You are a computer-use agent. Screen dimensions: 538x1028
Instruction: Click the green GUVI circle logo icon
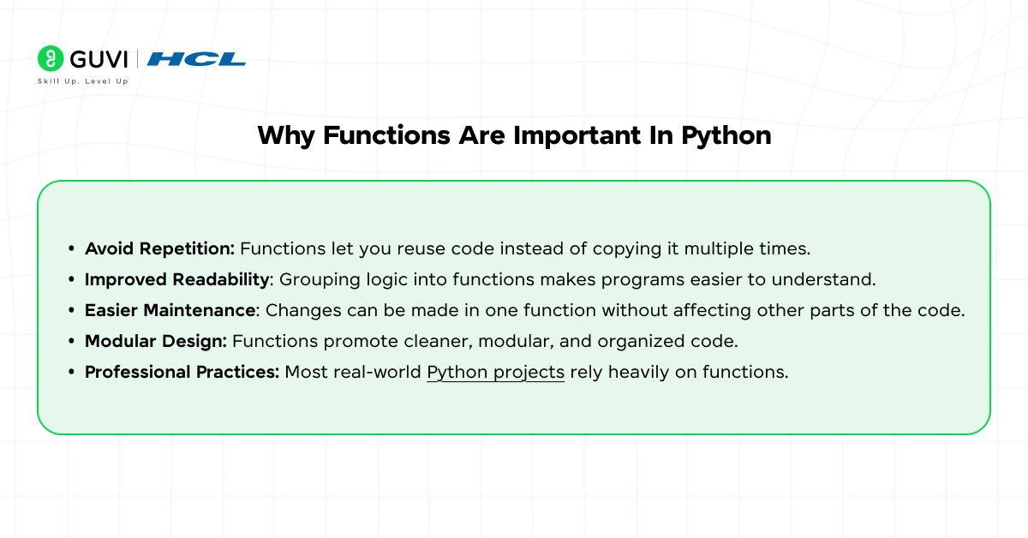51,58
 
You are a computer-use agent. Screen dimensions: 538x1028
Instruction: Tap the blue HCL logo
196,59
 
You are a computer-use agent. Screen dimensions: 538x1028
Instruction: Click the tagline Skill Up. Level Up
82,81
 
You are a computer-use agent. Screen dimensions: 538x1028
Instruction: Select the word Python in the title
726,135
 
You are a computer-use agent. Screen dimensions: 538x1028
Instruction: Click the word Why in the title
284,135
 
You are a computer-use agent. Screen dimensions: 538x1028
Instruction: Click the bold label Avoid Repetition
159,248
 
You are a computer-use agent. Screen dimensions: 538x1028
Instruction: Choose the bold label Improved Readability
177,279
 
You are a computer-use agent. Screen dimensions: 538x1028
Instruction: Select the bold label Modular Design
156,341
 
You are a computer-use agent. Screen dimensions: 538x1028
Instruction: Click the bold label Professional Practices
182,372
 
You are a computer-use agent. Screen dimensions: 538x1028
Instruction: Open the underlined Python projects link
495,372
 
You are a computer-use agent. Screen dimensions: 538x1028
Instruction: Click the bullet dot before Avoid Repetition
72,249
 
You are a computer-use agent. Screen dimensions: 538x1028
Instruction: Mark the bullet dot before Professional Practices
72,373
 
